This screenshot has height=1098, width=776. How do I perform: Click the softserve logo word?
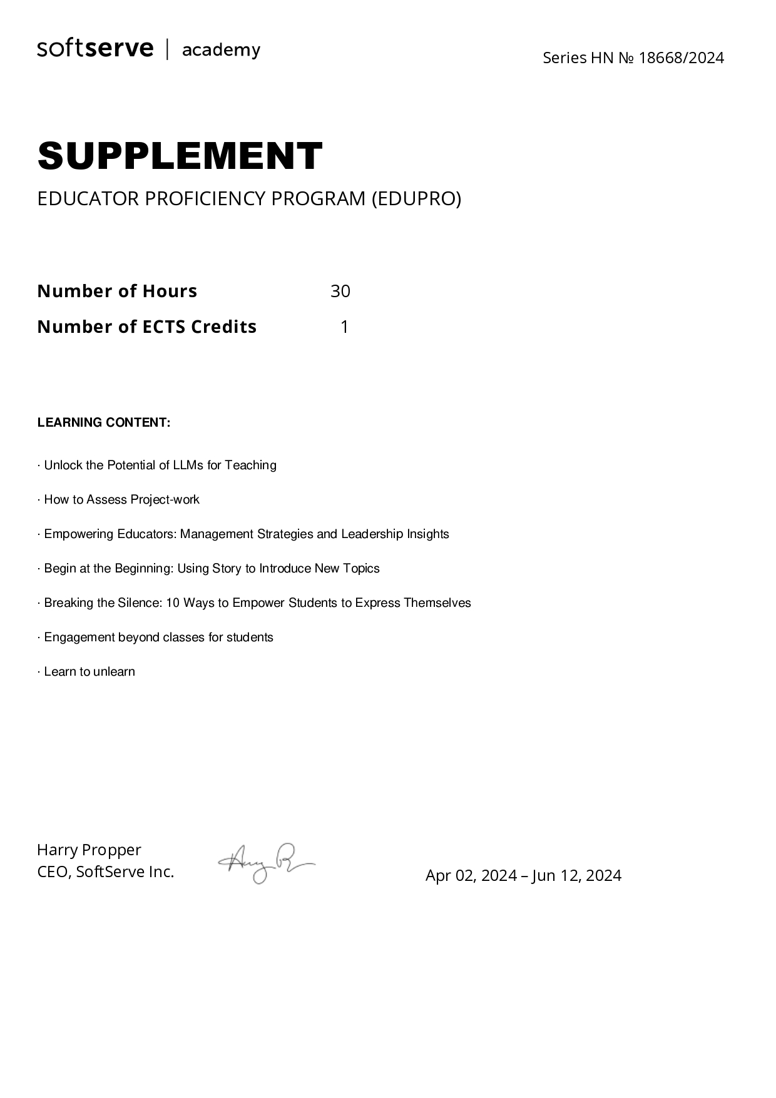point(95,49)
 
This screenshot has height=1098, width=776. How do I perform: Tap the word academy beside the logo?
point(221,50)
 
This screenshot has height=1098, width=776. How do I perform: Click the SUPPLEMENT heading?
point(180,156)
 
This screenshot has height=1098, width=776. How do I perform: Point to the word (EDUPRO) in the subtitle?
point(416,198)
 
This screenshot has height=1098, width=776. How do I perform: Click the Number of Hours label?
point(117,291)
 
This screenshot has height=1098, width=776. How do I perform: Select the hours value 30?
point(340,291)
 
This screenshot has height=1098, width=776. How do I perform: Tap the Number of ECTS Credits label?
point(147,327)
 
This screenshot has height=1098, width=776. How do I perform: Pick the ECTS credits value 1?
point(344,327)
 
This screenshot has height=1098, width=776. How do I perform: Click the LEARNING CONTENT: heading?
point(104,422)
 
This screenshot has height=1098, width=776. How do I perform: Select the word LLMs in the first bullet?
point(188,465)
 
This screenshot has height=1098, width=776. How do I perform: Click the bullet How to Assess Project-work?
point(119,499)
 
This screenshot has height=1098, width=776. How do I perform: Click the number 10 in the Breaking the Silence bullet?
point(173,602)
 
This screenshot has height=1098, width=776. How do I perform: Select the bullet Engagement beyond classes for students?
point(156,637)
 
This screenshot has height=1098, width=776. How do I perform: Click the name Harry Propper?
point(89,850)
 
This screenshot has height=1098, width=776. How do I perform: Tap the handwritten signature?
point(266,862)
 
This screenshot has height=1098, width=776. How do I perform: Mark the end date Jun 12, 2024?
point(576,875)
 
